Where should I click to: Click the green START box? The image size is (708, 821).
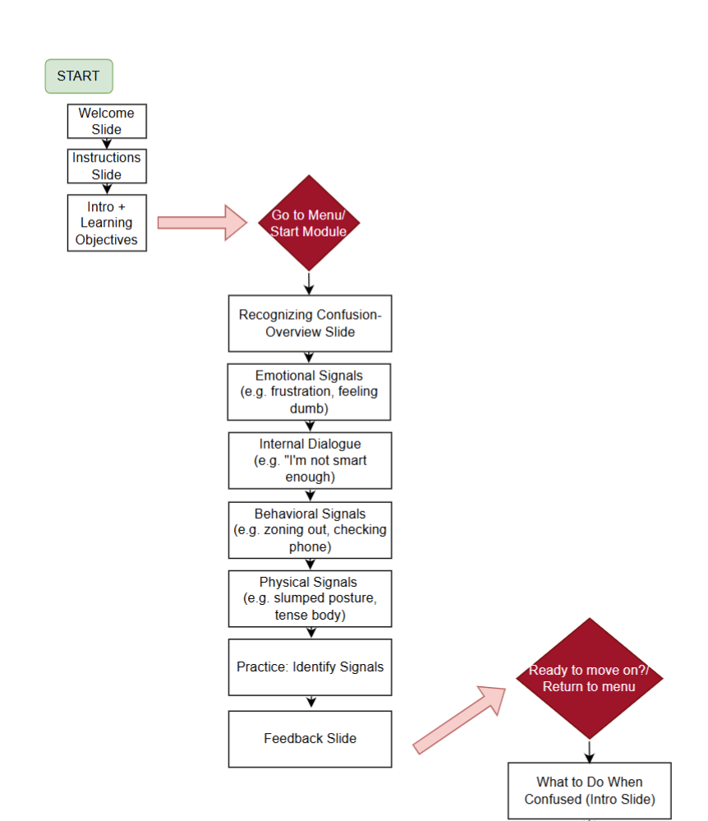[78, 76]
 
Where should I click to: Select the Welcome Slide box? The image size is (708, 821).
[107, 121]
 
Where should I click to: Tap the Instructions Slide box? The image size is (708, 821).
[107, 166]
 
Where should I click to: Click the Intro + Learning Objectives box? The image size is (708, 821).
[107, 223]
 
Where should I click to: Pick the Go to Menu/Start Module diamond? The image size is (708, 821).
[309, 223]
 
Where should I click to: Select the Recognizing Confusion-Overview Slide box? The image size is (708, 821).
[310, 323]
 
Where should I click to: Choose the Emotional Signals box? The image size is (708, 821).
[310, 391]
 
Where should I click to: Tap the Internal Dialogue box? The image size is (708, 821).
[310, 460]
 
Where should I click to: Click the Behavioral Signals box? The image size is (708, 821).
[310, 529]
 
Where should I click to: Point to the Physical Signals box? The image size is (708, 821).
[310, 598]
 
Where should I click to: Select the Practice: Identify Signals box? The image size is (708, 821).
[310, 666]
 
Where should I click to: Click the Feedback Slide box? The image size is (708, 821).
[310, 738]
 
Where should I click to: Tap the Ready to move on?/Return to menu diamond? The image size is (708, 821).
[589, 678]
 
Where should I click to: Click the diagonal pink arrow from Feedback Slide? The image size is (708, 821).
[460, 718]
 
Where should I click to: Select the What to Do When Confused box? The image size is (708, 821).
[589, 790]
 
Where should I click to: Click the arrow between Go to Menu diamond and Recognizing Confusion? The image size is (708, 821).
[310, 283]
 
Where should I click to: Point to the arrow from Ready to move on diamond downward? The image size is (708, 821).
[589, 750]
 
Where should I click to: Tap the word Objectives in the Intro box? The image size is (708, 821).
[107, 239]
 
